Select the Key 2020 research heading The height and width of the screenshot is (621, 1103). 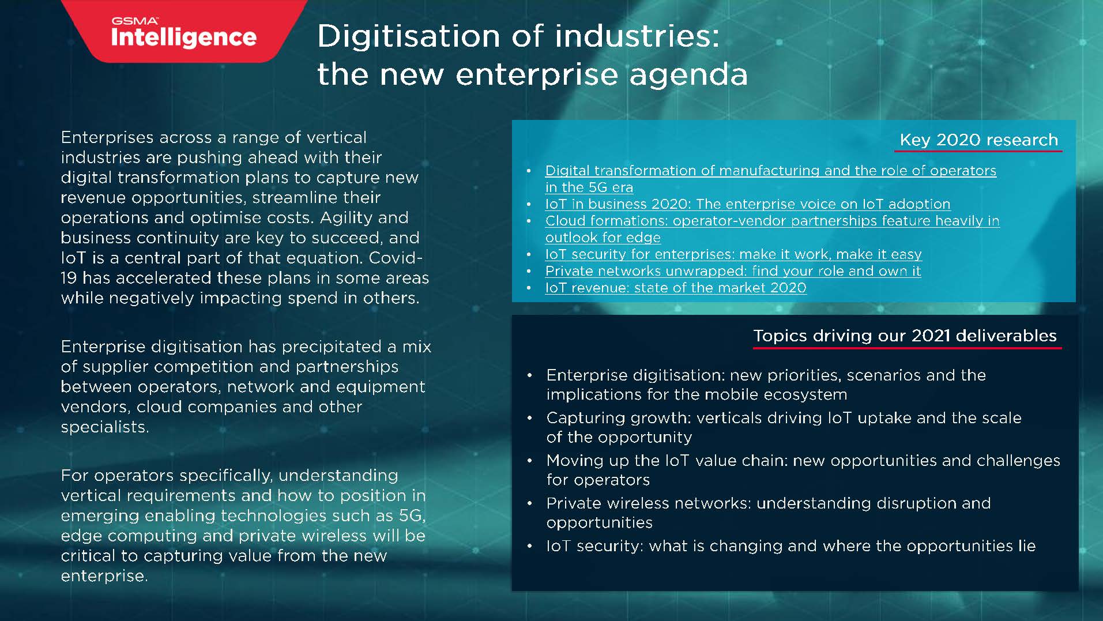click(x=978, y=140)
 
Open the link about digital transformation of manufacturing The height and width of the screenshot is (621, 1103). click(x=770, y=171)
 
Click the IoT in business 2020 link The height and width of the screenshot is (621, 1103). click(x=747, y=204)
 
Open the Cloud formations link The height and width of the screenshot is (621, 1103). click(x=772, y=221)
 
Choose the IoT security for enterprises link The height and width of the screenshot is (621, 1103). click(x=733, y=254)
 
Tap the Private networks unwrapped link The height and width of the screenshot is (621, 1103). click(x=733, y=271)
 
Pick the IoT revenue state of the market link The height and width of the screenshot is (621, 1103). click(x=675, y=288)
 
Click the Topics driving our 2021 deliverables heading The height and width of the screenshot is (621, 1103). click(x=905, y=336)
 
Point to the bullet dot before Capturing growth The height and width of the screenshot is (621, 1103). click(x=530, y=418)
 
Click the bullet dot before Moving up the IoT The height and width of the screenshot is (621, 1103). click(x=530, y=461)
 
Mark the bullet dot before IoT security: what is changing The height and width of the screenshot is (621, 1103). click(x=530, y=546)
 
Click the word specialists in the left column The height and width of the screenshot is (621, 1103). click(x=104, y=427)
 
